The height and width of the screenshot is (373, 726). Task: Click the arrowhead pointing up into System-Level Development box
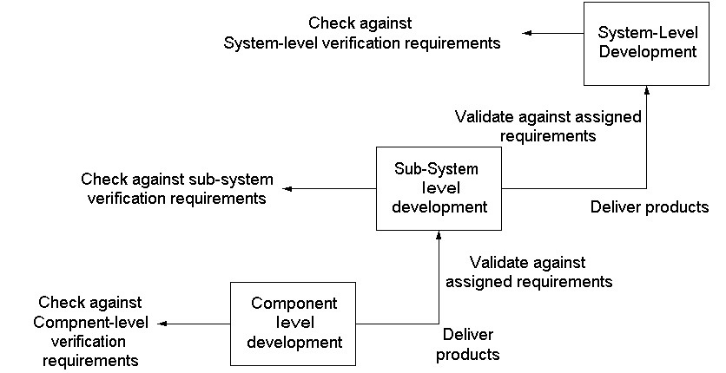coord(647,89)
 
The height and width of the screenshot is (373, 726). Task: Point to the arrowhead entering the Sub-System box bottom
coord(439,234)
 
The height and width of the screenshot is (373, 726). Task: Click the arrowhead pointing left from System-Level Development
coord(526,33)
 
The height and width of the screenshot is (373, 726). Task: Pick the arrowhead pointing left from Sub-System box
coord(287,188)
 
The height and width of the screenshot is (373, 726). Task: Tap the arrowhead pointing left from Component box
coord(162,324)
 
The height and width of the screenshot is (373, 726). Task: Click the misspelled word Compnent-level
coord(90,322)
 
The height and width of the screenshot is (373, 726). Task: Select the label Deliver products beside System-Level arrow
coord(649,206)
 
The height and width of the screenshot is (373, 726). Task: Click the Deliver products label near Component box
coord(467,344)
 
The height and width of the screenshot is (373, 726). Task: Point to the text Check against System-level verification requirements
coord(361,33)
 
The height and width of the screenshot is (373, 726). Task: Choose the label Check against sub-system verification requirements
coord(177,188)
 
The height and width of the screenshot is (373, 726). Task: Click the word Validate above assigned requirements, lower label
coord(499,263)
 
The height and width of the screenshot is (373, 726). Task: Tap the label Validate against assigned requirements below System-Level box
coord(548,126)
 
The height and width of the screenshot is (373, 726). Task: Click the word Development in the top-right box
coord(647,51)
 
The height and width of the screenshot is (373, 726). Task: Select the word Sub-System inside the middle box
coord(436,168)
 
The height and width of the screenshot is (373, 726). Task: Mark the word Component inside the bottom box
coord(294,304)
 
